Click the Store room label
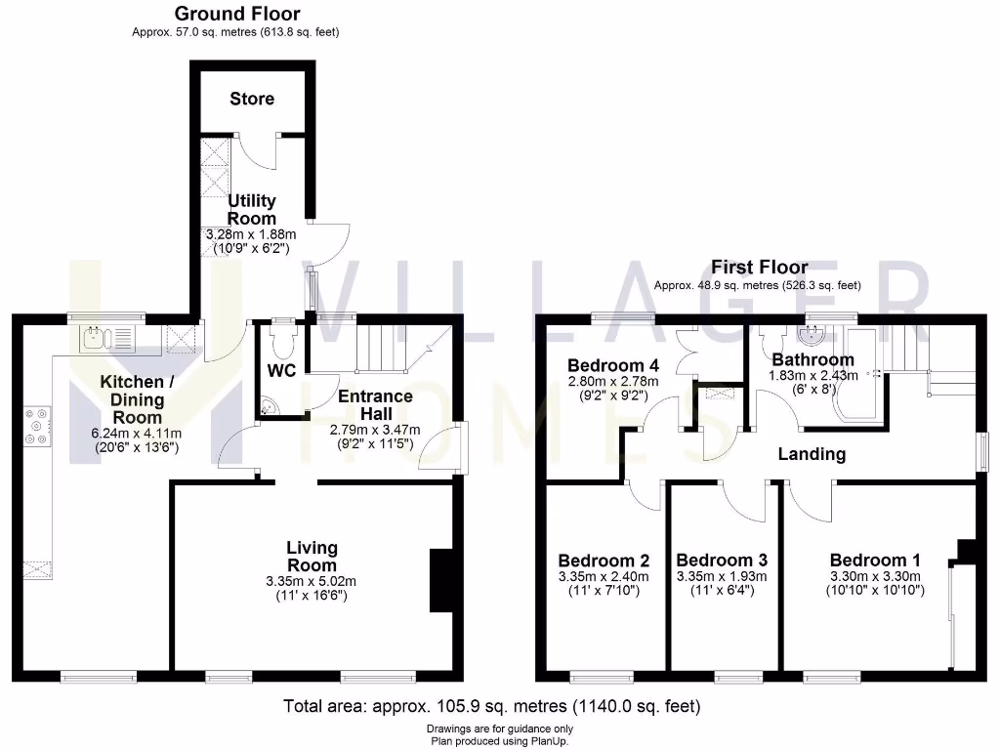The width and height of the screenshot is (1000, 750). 252,99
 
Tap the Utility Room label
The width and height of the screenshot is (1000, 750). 252,210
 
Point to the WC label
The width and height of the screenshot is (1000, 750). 282,371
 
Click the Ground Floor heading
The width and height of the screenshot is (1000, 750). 236,14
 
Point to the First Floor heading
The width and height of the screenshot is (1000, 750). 759,267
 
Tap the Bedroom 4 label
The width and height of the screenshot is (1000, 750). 614,365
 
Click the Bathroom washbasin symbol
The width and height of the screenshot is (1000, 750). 811,337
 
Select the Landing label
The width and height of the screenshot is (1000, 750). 812,454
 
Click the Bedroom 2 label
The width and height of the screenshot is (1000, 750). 604,561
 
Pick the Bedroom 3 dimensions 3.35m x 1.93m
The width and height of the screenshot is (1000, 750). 722,576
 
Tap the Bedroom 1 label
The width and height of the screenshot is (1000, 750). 875,561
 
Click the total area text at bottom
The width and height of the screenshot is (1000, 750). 491,706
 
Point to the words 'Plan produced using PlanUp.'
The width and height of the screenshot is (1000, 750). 499,741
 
